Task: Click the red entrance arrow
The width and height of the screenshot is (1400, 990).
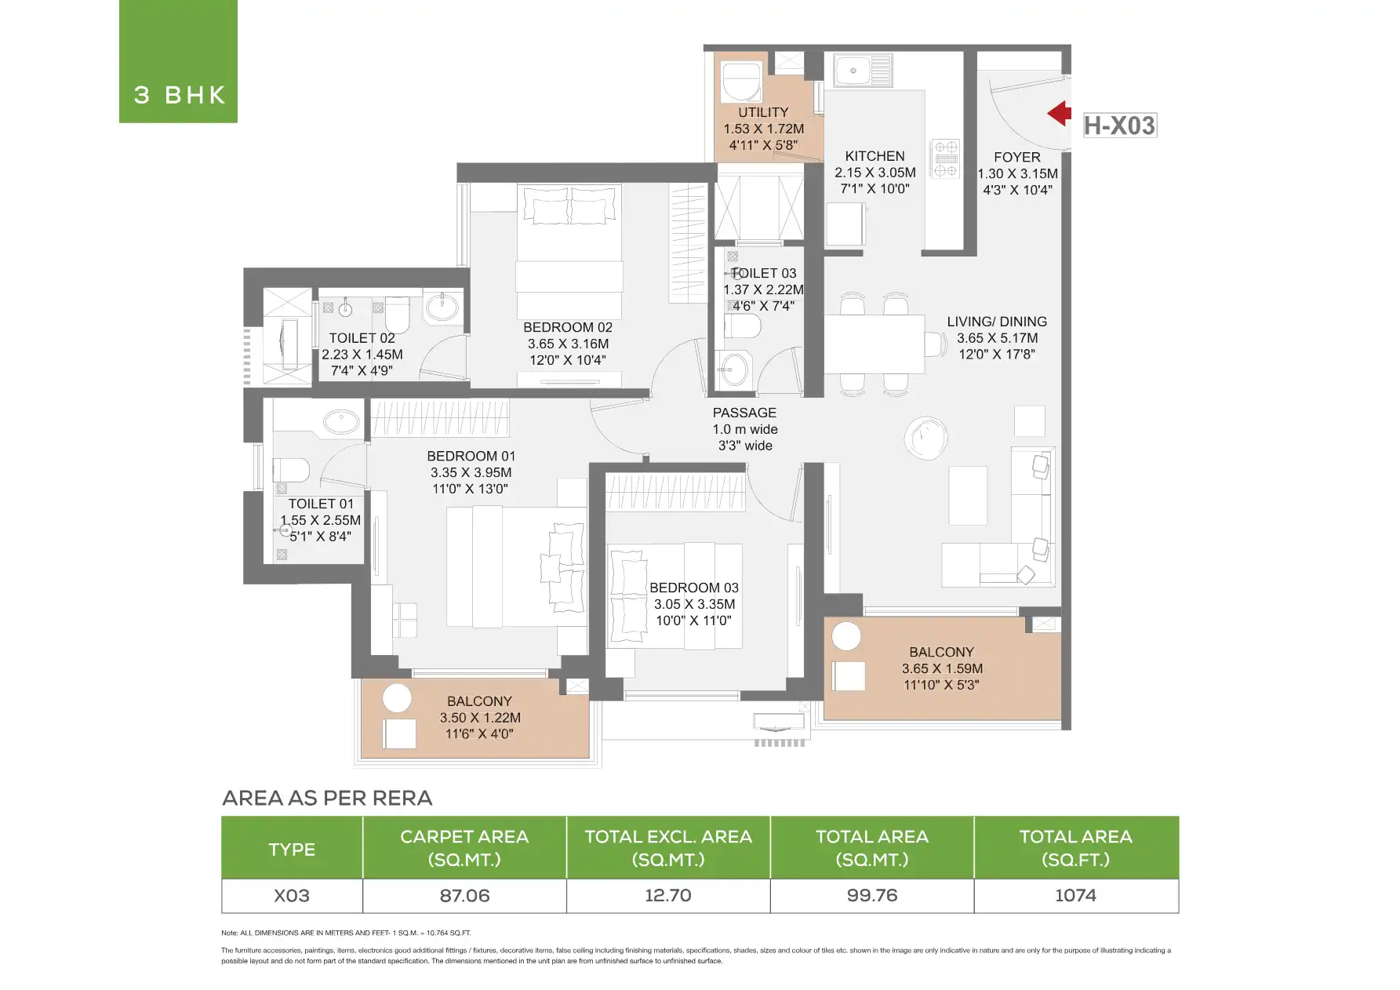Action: pyautogui.click(x=1060, y=113)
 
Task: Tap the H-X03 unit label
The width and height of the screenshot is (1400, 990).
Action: pyautogui.click(x=1119, y=126)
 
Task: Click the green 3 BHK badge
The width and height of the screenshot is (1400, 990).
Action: pyautogui.click(x=178, y=61)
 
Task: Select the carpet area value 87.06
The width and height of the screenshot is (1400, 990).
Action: pyautogui.click(x=464, y=896)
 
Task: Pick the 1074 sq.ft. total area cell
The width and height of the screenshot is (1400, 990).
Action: pyautogui.click(x=1075, y=896)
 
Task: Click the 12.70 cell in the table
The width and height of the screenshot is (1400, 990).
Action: pyautogui.click(x=668, y=896)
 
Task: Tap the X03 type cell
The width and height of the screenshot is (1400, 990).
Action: pyautogui.click(x=292, y=896)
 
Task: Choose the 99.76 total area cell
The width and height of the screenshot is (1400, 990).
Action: pyautogui.click(x=872, y=896)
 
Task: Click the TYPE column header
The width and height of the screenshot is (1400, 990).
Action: pyautogui.click(x=292, y=849)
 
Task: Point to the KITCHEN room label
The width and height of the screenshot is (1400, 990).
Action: pyautogui.click(x=875, y=156)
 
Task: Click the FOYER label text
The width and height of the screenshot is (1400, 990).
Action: pyautogui.click(x=1017, y=157)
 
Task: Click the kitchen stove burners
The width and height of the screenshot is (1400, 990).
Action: pyautogui.click(x=946, y=159)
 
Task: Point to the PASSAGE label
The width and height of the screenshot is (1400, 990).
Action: pyautogui.click(x=744, y=413)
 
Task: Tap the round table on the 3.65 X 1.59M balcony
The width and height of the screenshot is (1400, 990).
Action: pyautogui.click(x=846, y=635)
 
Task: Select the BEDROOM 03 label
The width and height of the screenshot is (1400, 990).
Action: pyautogui.click(x=694, y=588)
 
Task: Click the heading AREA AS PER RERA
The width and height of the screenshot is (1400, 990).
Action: pyautogui.click(x=327, y=798)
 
